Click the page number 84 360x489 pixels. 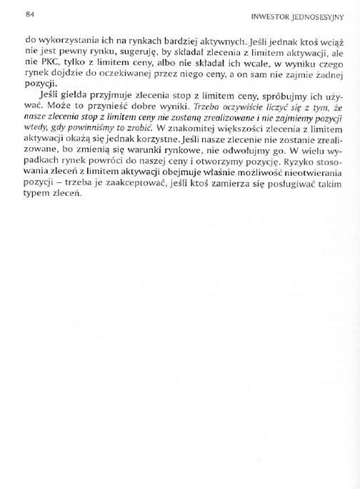pos(29,13)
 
